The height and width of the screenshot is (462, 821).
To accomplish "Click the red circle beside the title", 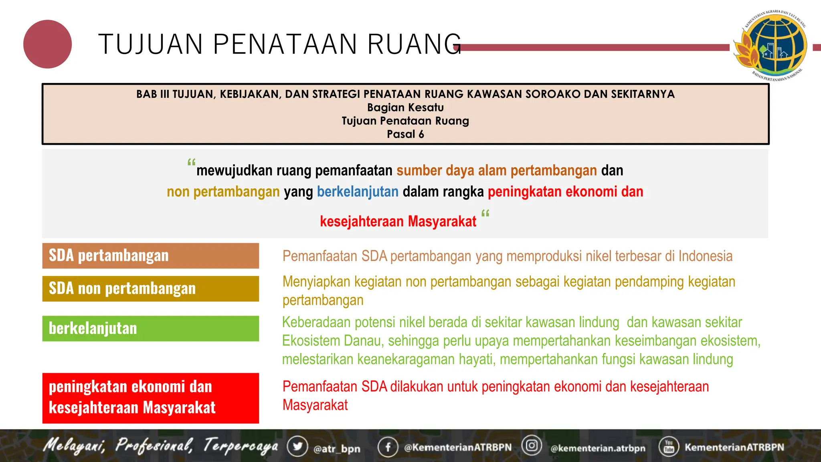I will point(47,44).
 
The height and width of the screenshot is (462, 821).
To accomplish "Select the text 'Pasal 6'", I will point(405,134).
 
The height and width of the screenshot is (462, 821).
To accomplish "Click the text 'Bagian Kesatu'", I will point(405,107).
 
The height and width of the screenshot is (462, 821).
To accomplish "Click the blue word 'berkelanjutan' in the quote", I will point(358,192).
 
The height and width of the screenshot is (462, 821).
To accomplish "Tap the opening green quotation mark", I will point(191,163).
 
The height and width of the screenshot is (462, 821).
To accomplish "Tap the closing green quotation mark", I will point(485,213).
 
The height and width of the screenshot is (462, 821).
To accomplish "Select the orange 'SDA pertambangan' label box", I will point(150,256).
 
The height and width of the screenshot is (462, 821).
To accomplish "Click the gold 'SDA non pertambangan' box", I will point(150,289).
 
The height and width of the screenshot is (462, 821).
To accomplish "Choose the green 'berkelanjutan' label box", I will point(150,328).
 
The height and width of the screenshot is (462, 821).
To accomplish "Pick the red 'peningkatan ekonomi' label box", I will point(150,398).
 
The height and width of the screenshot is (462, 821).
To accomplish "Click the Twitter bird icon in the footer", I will point(297,446).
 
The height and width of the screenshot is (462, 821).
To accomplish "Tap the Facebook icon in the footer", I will point(388,447).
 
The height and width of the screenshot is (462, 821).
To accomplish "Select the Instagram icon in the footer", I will point(532,446).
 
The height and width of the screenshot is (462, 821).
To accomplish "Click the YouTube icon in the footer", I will point(669,446).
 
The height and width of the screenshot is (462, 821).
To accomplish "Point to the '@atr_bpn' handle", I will point(337,449).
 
